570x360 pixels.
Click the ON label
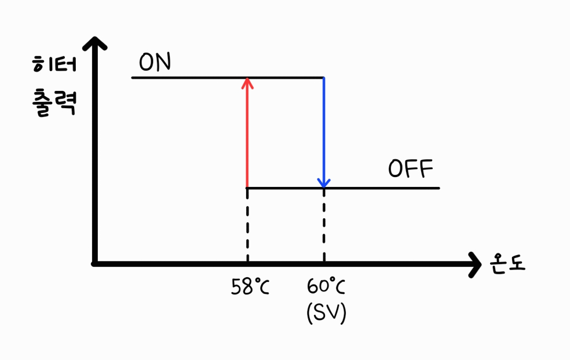(x=155, y=63)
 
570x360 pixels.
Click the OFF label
(x=410, y=170)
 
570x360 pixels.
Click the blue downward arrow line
(x=324, y=127)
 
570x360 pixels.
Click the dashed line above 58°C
(x=247, y=226)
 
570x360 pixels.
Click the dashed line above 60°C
(x=324, y=226)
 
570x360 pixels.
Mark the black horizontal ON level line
(x=191, y=78)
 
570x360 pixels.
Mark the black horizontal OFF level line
(x=382, y=188)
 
